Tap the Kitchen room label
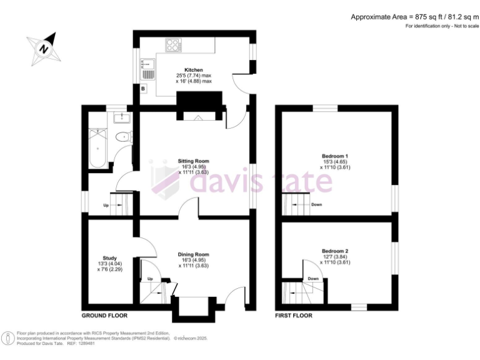pos(193,70)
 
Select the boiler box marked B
pos(143,89)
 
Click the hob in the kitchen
pos(172,44)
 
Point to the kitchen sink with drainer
pos(147,68)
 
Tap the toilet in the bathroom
pos(125,137)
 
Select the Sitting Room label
pos(193,161)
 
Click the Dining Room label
pos(193,254)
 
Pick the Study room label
pos(109,257)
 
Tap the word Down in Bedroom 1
pos(317,204)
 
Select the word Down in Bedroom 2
pos(313,279)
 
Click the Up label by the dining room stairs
pos(150,279)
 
